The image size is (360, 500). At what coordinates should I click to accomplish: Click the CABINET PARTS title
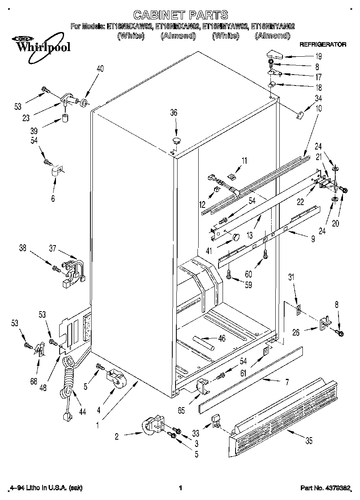coord(180,15)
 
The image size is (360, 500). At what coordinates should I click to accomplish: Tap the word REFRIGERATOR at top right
coord(322,44)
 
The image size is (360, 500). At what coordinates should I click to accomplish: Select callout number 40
coord(100,69)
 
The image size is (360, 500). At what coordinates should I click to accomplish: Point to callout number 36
coord(174,113)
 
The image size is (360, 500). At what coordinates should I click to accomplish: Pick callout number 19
coord(319,57)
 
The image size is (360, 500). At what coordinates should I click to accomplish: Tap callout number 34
coord(318,98)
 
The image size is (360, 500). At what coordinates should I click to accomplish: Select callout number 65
coord(181,410)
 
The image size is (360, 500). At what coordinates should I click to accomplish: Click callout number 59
coord(248,284)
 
